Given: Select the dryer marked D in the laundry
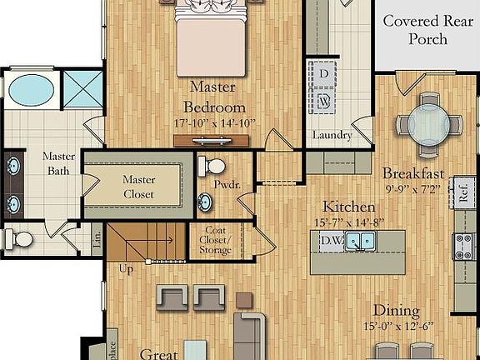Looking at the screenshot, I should [322, 72].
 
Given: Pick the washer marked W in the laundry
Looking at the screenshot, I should [322, 100].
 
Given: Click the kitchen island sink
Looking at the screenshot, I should [362, 241].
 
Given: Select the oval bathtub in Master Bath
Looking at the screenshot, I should [32, 89].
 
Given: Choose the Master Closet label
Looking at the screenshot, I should [139, 187].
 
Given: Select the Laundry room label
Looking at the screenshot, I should [332, 136].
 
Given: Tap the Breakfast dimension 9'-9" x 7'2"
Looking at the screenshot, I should [412, 191].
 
